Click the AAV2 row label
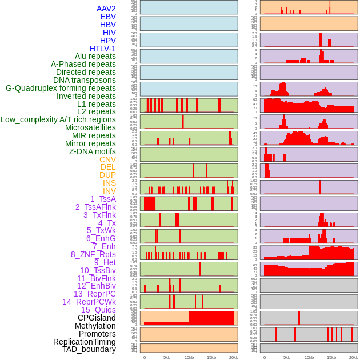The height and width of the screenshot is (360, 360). (x=106, y=9)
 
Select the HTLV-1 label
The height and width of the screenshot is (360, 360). (x=103, y=49)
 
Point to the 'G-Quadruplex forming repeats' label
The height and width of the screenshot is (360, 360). (x=61, y=88)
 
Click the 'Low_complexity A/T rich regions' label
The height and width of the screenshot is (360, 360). (x=58, y=119)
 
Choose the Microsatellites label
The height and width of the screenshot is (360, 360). (x=90, y=127)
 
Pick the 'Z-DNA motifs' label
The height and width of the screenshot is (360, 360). (x=93, y=151)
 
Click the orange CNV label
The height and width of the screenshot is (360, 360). (x=107, y=159)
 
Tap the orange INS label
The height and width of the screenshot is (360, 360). (x=109, y=183)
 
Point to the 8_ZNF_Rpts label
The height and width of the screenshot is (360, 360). (x=93, y=254)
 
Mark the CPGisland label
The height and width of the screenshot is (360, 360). (x=97, y=318)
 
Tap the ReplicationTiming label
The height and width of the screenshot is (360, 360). (x=85, y=342)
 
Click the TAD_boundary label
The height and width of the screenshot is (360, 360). (x=89, y=349)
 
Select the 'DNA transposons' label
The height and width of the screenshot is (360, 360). (x=85, y=80)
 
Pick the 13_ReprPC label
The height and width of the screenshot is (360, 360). (x=94, y=294)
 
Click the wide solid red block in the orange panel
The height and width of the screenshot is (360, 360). (x=211, y=318)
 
